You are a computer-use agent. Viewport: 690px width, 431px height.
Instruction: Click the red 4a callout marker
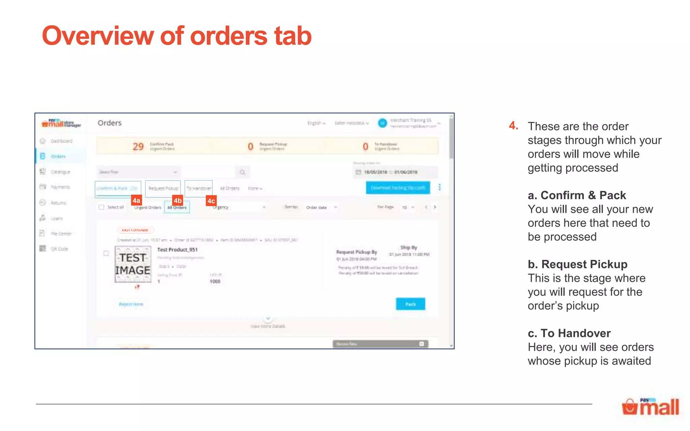tap(136, 201)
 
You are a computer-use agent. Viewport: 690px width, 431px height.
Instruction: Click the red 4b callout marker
tap(178, 201)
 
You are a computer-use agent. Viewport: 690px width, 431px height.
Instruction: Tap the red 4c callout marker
tap(211, 201)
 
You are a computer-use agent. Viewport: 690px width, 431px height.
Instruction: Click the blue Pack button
tap(410, 304)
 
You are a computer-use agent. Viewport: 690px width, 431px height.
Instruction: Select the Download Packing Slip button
tap(398, 188)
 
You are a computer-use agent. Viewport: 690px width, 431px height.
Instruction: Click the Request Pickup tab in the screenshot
tap(163, 189)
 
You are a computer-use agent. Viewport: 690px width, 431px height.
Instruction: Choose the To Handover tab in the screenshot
tap(199, 189)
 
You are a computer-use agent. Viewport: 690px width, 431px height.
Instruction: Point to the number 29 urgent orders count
tap(138, 146)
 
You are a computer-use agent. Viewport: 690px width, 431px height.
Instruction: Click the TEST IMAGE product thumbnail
tap(133, 264)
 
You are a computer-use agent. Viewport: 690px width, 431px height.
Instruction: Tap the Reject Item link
tap(131, 304)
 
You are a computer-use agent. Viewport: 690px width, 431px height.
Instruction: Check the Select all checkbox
tap(101, 207)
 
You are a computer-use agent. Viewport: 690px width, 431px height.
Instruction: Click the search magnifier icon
tap(243, 172)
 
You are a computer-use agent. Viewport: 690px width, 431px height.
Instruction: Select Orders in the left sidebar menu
tap(58, 157)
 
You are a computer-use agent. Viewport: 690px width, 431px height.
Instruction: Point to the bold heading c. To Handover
tap(569, 333)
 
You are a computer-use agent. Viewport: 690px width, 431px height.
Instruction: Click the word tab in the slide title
tap(293, 36)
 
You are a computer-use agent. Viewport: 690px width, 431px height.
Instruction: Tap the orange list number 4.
tap(513, 126)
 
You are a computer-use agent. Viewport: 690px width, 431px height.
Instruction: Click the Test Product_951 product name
tap(177, 250)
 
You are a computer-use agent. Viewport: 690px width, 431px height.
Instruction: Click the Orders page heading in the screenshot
tap(109, 123)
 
